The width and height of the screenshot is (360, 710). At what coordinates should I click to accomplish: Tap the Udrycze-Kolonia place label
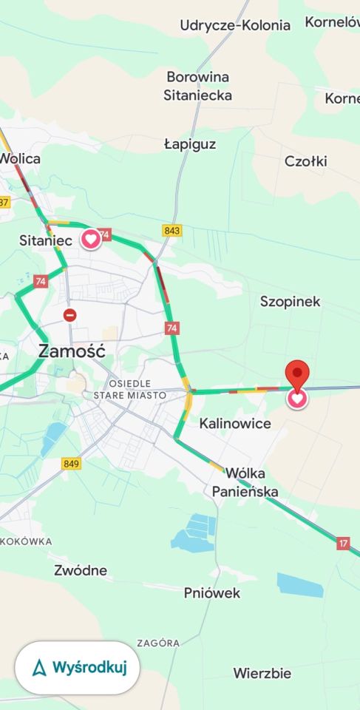235,25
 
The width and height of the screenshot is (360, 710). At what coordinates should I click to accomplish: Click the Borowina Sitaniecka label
197,86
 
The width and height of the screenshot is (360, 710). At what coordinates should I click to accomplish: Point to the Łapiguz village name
190,144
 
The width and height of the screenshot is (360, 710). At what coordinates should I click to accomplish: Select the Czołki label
305,161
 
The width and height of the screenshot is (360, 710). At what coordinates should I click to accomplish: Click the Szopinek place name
290,301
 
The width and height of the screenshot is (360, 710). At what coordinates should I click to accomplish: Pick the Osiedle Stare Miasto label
129,389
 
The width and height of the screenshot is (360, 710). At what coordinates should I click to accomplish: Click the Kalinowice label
235,424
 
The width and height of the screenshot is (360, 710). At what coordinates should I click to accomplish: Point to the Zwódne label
81,570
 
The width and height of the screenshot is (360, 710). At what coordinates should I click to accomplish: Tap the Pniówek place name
212,592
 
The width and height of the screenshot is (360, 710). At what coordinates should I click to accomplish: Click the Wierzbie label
262,673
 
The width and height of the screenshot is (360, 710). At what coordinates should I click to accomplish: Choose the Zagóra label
158,643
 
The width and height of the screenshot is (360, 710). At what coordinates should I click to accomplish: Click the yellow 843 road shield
172,231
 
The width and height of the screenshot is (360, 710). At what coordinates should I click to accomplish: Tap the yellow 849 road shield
72,464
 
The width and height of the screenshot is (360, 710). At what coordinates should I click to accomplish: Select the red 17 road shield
343,543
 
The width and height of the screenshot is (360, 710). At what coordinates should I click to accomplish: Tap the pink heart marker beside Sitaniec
91,239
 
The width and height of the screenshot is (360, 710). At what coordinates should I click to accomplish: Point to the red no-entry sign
69,315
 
